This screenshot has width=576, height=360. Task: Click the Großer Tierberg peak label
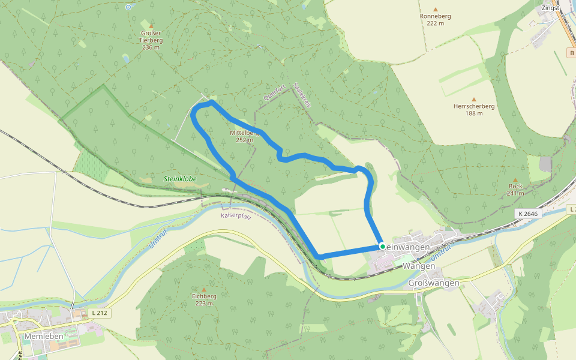[151, 40]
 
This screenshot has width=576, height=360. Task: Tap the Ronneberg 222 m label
[436, 19]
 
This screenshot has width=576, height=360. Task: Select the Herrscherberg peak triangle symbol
[474, 100]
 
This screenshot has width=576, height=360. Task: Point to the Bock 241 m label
[515, 190]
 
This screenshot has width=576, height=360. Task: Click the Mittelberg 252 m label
[244, 136]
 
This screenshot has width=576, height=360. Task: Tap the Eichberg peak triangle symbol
[204, 289]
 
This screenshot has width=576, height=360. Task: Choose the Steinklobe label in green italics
[180, 179]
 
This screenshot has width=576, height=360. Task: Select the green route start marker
[382, 246]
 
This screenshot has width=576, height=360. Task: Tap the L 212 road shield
[100, 313]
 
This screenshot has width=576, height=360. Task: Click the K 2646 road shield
[527, 214]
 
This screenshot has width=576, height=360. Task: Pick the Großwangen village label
[433, 283]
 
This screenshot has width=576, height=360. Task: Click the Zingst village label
[550, 8]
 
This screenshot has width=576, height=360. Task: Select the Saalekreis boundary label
[302, 95]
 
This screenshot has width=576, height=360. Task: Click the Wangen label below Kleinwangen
[418, 265]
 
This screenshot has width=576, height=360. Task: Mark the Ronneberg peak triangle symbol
[436, 10]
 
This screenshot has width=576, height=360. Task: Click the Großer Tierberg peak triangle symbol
[151, 26]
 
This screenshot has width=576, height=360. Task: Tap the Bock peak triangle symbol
[515, 179]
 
